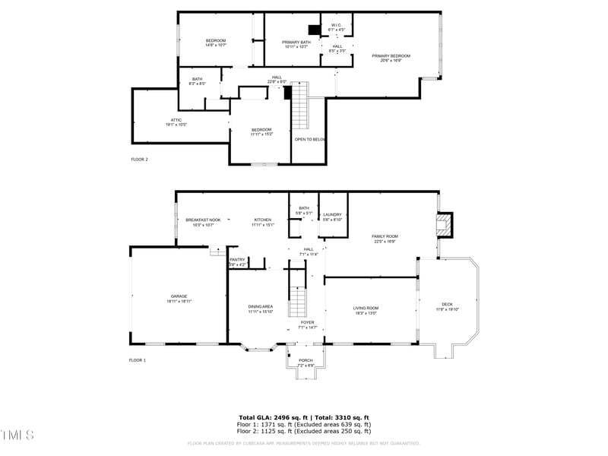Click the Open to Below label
point(310,139)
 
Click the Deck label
point(446,307)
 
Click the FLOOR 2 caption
point(139,160)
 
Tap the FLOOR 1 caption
point(137,359)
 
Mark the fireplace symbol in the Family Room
point(442,223)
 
